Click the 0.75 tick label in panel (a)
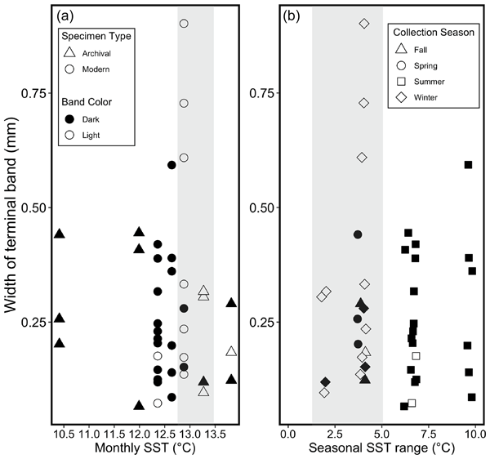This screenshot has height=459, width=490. click(x=33, y=93)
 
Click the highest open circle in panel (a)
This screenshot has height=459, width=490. click(x=184, y=24)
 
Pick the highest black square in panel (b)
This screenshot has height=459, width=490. click(x=468, y=165)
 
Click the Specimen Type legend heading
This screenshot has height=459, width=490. click(x=95, y=36)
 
